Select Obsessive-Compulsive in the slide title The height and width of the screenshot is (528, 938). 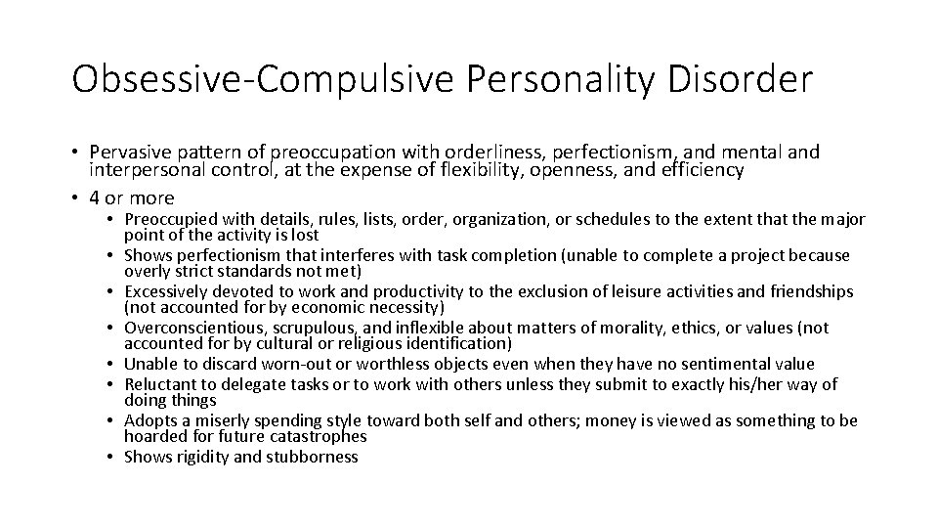(256, 79)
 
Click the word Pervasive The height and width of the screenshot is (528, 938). (127, 153)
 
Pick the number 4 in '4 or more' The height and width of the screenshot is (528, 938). (94, 198)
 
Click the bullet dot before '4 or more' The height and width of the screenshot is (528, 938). (76, 198)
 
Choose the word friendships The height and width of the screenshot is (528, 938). (807, 291)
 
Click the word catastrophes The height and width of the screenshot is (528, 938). (320, 436)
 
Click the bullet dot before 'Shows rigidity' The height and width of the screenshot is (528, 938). (113, 457)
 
